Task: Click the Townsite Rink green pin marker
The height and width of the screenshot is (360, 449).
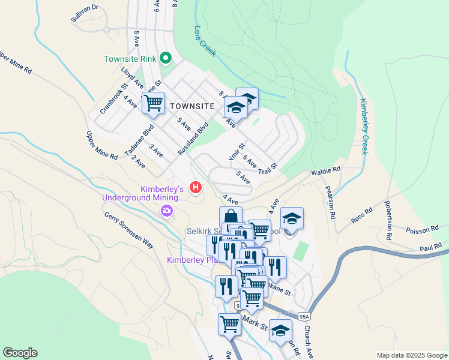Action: click(165, 59)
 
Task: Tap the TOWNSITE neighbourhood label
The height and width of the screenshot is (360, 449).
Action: click(192, 106)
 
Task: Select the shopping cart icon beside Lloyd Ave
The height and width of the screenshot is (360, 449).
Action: click(153, 103)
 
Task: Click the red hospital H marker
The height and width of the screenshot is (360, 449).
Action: click(195, 188)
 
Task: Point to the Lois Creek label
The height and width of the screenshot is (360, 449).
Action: click(205, 41)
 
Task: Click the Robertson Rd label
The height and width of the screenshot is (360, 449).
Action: click(389, 220)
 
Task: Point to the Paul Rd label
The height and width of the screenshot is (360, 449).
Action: click(432, 247)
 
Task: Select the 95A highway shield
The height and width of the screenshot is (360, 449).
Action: click(304, 316)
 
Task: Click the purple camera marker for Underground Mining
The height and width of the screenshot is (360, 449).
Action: click(166, 211)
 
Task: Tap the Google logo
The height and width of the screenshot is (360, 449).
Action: click(20, 353)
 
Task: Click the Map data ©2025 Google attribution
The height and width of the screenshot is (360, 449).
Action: click(411, 355)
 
